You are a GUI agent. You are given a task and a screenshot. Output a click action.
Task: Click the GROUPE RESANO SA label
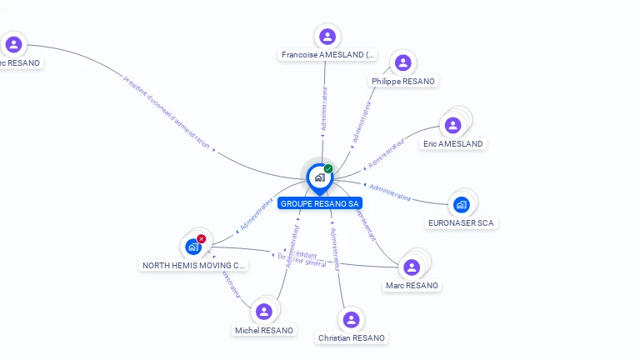coord(320,203)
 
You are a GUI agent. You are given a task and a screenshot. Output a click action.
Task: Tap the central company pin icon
coord(319,177)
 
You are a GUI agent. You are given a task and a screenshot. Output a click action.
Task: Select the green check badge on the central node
coord(328,168)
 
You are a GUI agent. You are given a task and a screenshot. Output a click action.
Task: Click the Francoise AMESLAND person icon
coord(327,37)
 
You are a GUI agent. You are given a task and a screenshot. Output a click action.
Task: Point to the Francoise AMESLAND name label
coord(327,55)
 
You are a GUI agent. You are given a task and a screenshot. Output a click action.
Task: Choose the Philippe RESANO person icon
coord(403,63)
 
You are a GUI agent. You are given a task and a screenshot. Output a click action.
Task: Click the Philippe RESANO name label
coord(403,82)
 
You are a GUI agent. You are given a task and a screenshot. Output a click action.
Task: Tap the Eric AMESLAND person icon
coord(452,126)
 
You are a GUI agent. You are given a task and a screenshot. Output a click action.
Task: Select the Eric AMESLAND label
coord(452,144)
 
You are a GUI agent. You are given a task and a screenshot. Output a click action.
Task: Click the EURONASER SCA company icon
coord(462,204)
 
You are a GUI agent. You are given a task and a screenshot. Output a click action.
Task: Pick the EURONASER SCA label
coord(461,223)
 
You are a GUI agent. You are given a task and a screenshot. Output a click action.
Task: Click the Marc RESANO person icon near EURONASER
coord(411,267)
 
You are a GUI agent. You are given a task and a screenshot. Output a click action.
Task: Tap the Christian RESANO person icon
coord(352,320)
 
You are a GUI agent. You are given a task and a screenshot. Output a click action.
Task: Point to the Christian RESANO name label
coord(352,338)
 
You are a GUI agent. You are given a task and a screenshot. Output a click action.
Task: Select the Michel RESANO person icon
coord(264,312)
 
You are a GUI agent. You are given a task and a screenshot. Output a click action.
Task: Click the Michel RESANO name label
coord(264,331)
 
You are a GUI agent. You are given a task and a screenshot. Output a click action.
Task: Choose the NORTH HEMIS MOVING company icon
coord(193,247)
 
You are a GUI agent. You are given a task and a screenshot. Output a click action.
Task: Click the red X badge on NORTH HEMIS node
coord(202,238)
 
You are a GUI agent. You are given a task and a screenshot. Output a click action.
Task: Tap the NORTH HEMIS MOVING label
coord(194,266)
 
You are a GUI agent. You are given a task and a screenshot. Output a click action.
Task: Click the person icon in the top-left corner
coord(13,44)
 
